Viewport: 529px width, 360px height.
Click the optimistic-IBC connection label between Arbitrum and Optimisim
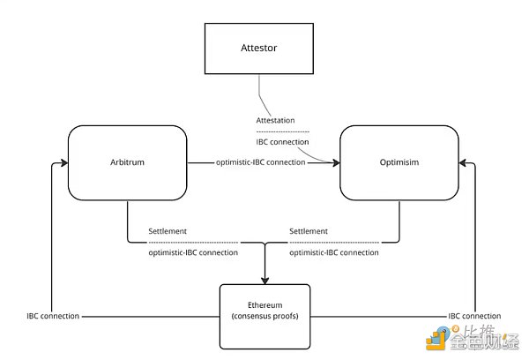pos(260,162)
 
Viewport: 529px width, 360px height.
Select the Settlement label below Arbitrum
pos(168,232)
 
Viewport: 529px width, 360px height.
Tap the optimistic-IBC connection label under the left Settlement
pos(193,252)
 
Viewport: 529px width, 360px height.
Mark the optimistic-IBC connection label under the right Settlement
pos(335,252)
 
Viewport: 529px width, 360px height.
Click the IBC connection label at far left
pos(54,315)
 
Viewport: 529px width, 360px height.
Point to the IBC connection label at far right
pos(475,315)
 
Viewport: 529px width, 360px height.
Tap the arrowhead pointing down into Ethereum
pos(264,279)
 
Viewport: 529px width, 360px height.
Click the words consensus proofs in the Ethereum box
pos(264,316)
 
